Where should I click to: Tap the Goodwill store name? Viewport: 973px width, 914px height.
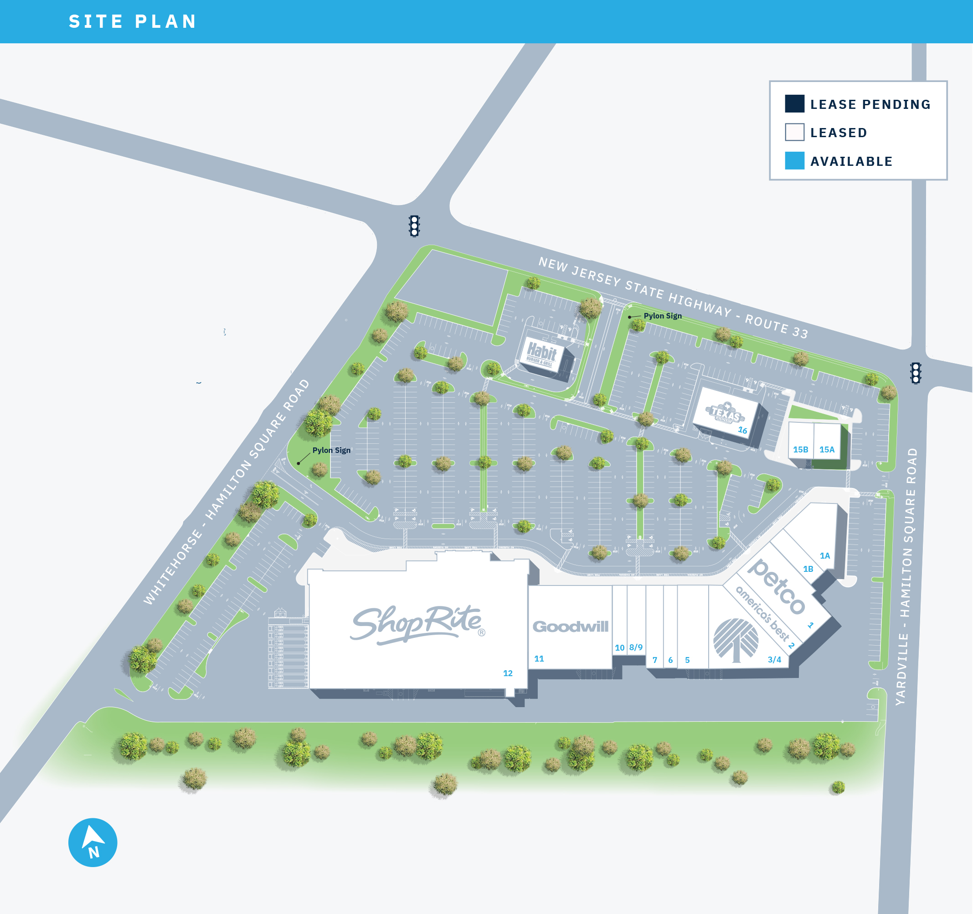click(570, 627)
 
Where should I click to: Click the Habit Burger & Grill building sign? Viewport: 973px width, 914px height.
click(541, 353)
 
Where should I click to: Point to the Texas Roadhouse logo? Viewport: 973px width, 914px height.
click(726, 412)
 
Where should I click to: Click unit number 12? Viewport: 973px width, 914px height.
click(508, 673)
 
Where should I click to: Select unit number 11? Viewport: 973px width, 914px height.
click(539, 658)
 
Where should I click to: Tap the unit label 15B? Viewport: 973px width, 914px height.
click(800, 449)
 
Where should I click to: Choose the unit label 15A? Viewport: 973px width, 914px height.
click(827, 449)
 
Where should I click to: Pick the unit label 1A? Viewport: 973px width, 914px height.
click(825, 555)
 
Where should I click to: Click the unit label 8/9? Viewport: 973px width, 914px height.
click(636, 647)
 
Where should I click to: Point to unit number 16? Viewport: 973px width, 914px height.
click(742, 430)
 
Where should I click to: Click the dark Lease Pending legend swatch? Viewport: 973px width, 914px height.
click(794, 104)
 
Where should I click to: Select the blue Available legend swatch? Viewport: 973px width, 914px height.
click(794, 160)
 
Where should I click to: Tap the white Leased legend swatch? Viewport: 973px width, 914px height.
click(794, 132)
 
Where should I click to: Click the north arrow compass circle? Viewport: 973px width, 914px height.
click(93, 842)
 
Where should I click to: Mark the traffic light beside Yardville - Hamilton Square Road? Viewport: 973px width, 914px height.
click(915, 373)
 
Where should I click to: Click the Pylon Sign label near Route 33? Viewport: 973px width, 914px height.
click(662, 316)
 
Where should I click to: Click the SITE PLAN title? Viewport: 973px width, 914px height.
click(132, 21)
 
